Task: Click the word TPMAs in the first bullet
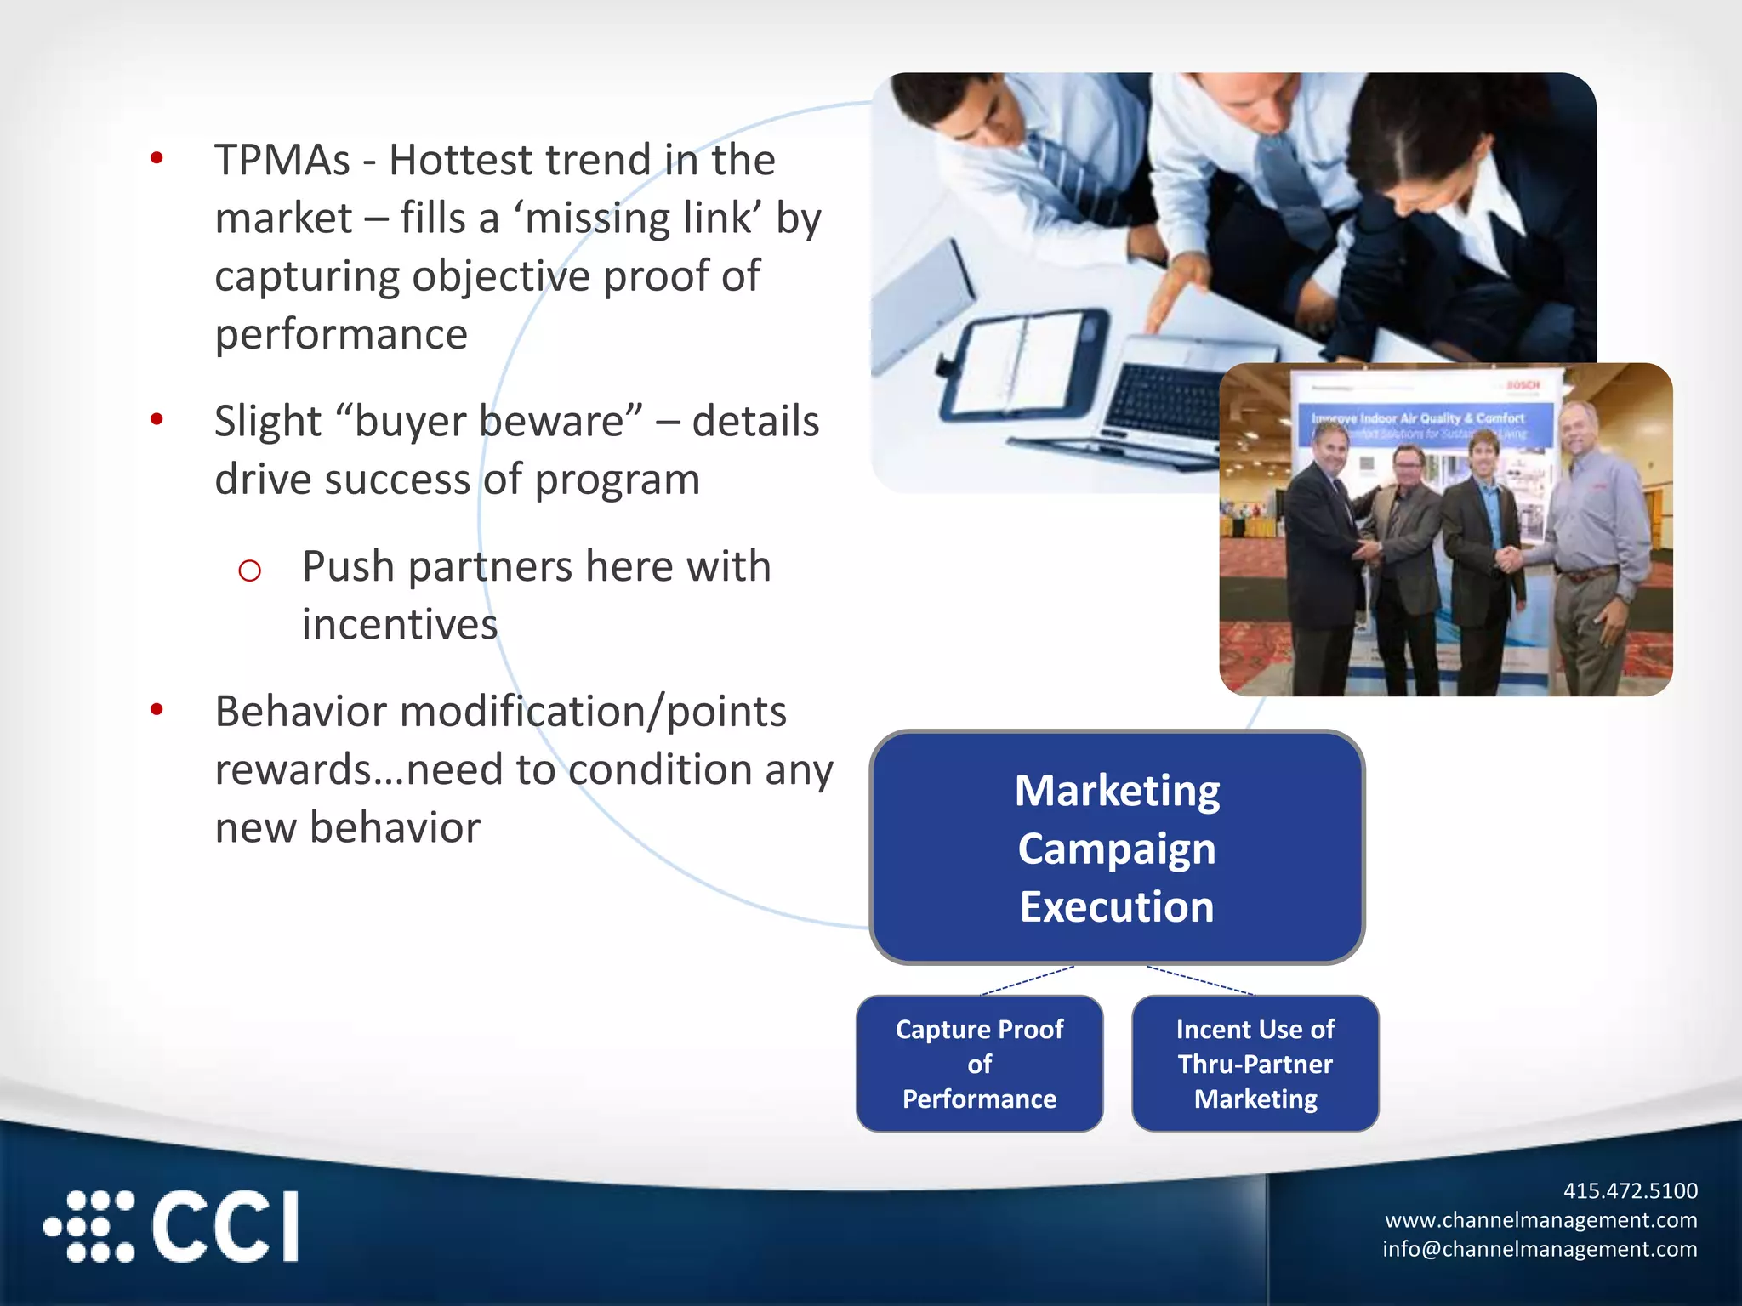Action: pyautogui.click(x=282, y=160)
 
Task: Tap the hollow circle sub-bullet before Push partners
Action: pyautogui.click(x=249, y=571)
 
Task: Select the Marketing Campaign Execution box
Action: pyautogui.click(x=1116, y=848)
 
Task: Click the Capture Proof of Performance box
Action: pyautogui.click(x=979, y=1064)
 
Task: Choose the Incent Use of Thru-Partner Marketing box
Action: pyautogui.click(x=1255, y=1064)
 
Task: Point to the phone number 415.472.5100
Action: pyautogui.click(x=1630, y=1190)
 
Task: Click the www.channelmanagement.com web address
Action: pyautogui.click(x=1540, y=1220)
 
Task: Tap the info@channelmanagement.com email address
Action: pyautogui.click(x=1539, y=1249)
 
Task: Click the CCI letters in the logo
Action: pyautogui.click(x=225, y=1226)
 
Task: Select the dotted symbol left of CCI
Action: pyautogui.click(x=90, y=1226)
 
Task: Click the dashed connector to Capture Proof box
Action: pyautogui.click(x=1028, y=980)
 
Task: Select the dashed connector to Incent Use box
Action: pyautogui.click(x=1199, y=980)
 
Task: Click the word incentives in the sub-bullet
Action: pyautogui.click(x=400, y=625)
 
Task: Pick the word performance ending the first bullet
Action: pyautogui.click(x=341, y=334)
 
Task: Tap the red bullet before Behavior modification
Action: pyautogui.click(x=157, y=709)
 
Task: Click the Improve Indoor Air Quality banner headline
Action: pyautogui.click(x=1417, y=418)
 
